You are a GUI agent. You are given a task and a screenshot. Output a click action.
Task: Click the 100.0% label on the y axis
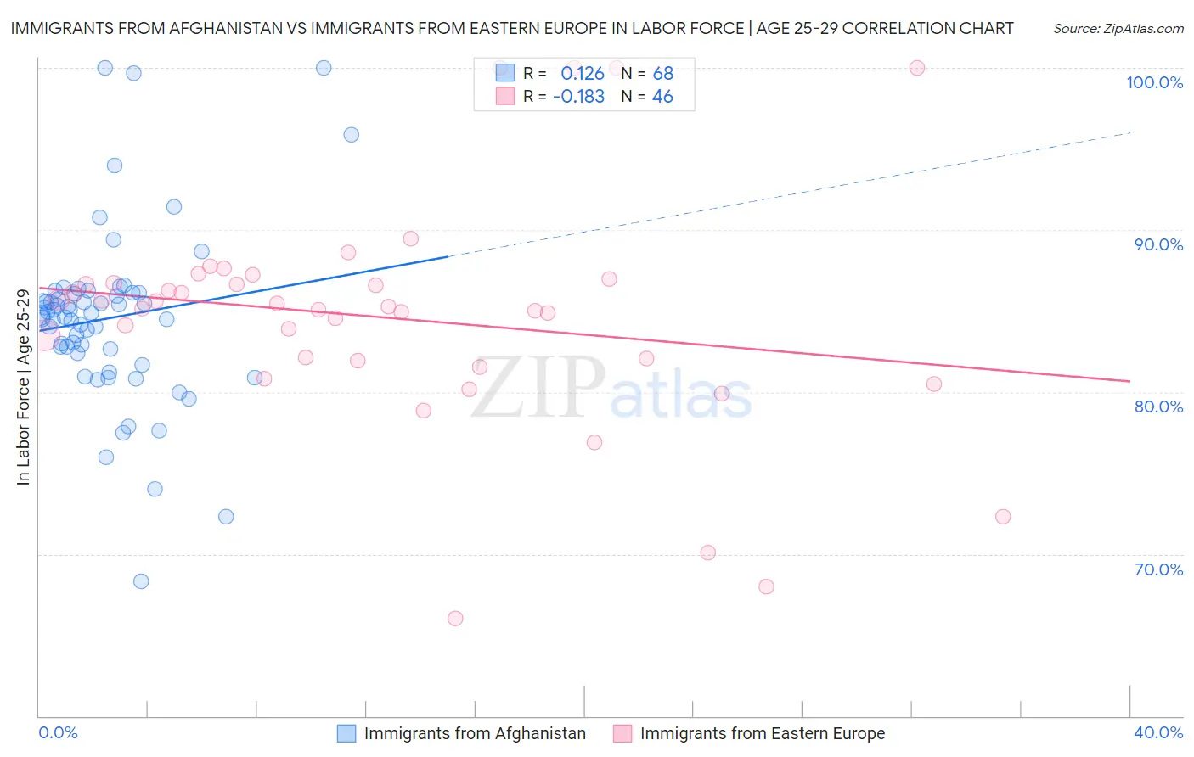coord(1154,82)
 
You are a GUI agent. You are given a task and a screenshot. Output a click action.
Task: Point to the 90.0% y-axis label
coord(1158,244)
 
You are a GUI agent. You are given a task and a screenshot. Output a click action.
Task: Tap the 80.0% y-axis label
coord(1158,407)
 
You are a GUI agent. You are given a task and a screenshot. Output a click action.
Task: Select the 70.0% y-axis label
coord(1158,569)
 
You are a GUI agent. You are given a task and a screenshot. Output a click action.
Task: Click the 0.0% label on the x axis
coord(58,732)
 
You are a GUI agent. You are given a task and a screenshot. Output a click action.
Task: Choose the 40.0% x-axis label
coord(1158,732)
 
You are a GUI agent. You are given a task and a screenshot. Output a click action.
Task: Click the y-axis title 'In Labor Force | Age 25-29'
coord(23,387)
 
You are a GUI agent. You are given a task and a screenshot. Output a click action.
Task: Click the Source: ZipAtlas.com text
coord(1118,29)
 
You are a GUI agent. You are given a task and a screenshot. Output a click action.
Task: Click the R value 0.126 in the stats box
coord(582,74)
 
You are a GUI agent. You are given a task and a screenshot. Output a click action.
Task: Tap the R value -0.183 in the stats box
coord(578,97)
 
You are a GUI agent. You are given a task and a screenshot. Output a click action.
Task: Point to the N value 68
coord(662,74)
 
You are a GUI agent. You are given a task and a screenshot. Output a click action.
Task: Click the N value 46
coord(662,97)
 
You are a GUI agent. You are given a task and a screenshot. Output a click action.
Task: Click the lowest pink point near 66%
coord(455,619)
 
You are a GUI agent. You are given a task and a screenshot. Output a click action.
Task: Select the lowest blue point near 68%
coord(141,581)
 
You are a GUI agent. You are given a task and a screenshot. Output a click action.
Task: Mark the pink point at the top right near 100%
coord(917,68)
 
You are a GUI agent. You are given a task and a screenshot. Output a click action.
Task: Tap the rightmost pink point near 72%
coord(1003,517)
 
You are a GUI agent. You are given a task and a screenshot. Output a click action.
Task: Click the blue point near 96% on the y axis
coord(351,135)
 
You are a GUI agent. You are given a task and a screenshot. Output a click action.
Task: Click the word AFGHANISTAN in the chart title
coord(227,28)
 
